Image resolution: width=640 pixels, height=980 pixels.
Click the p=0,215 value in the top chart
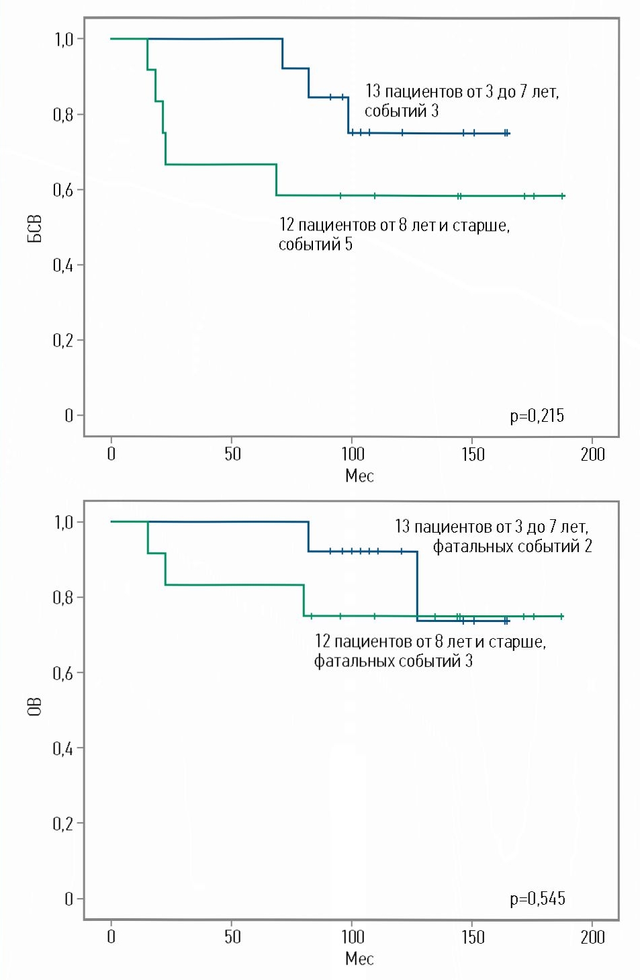[x=537, y=416]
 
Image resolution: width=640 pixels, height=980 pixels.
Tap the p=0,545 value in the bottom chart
[x=537, y=899]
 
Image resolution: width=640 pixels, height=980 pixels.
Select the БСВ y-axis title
[x=35, y=228]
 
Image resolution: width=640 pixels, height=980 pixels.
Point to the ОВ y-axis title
[x=35, y=707]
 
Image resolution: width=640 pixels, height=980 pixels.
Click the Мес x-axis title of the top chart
[x=359, y=476]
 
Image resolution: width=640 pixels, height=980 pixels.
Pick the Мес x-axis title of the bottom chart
[x=359, y=959]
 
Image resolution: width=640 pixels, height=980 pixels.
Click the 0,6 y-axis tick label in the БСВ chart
[x=63, y=190]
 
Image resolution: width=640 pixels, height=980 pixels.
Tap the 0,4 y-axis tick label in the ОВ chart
[x=63, y=748]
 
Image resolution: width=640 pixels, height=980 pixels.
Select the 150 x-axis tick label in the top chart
[x=473, y=455]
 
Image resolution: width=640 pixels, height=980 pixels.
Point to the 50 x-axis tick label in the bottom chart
[x=232, y=937]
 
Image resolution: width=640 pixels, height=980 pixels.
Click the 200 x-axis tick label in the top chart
[x=592, y=455]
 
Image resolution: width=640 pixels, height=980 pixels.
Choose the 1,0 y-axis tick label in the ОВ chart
[x=64, y=523]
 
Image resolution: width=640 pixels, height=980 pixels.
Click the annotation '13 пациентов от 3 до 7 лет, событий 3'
[x=461, y=101]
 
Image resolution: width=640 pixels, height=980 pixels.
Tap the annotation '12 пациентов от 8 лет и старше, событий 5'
[x=394, y=234]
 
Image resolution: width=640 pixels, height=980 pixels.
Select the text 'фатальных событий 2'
[x=512, y=546]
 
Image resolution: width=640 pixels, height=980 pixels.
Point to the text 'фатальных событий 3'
[x=394, y=661]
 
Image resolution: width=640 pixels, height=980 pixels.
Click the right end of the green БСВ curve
[x=564, y=196]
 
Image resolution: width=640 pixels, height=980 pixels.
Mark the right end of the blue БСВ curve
[x=509, y=134]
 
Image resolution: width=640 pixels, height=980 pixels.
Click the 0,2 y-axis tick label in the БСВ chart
[x=63, y=341]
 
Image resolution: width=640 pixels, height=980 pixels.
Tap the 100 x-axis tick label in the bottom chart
[x=353, y=937]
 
